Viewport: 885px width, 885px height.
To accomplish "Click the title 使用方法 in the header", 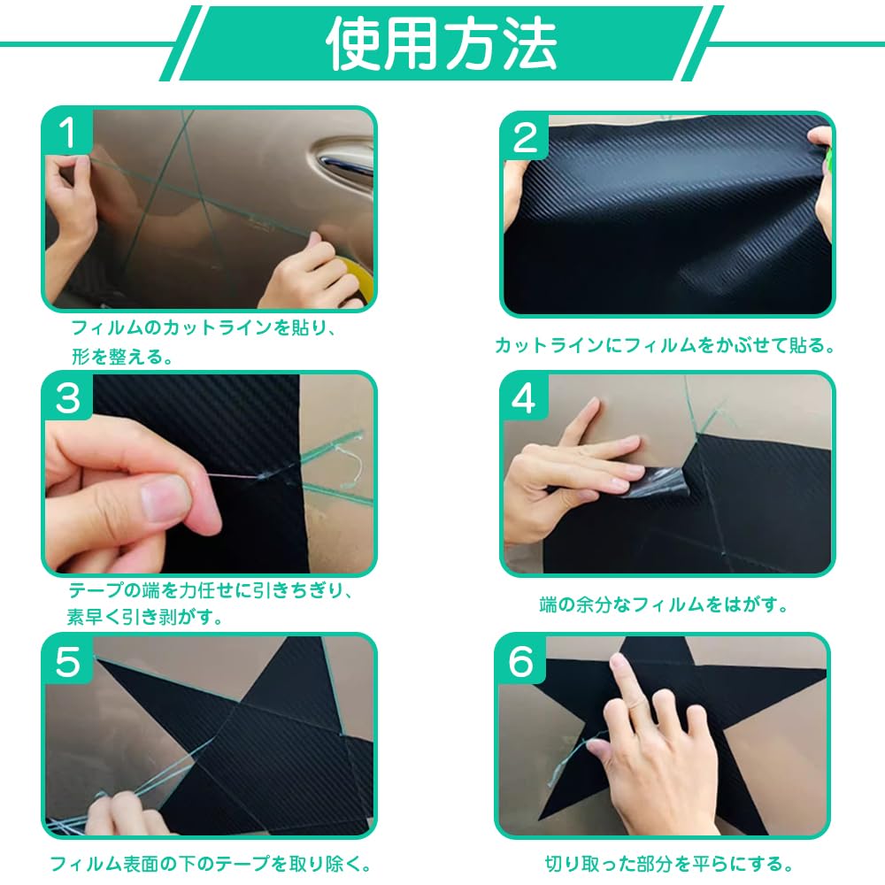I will point(442,42).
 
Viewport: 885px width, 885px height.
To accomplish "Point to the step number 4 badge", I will point(525,399).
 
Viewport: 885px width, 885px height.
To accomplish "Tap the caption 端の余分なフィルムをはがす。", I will point(664,605).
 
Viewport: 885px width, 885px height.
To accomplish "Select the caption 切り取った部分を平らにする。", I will point(668,863).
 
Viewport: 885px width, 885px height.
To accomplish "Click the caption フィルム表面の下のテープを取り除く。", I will point(210,863).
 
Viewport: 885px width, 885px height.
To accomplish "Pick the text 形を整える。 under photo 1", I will point(122,358).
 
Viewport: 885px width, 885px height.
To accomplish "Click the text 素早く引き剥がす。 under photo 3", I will point(145,617).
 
